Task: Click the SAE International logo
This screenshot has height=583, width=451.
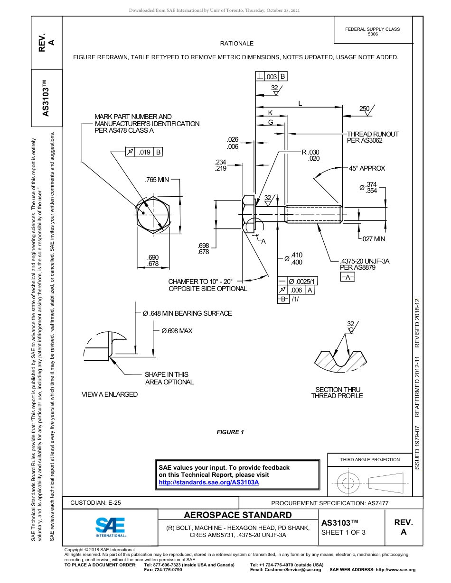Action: point(111,527)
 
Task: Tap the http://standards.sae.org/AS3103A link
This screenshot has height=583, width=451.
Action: point(209,482)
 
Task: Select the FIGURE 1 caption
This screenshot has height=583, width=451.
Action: point(230,432)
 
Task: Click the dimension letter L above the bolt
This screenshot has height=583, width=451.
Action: point(300,103)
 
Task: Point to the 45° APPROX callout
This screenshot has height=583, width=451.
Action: point(366,168)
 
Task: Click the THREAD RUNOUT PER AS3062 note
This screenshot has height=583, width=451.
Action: point(372,137)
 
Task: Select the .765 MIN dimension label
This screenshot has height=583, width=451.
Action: point(157,180)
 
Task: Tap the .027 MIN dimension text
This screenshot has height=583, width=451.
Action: point(373,239)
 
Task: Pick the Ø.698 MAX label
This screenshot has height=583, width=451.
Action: point(177,331)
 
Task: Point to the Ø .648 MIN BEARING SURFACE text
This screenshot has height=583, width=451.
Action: point(187,313)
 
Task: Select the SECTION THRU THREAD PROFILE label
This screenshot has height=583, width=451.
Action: point(338,393)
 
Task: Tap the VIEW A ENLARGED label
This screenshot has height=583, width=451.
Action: point(110,394)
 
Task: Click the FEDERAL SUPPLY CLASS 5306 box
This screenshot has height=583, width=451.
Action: point(372,32)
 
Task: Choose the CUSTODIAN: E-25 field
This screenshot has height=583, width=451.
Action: point(95,503)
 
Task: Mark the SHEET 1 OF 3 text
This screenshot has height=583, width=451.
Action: point(343,532)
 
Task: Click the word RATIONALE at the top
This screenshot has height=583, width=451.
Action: point(236,44)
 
